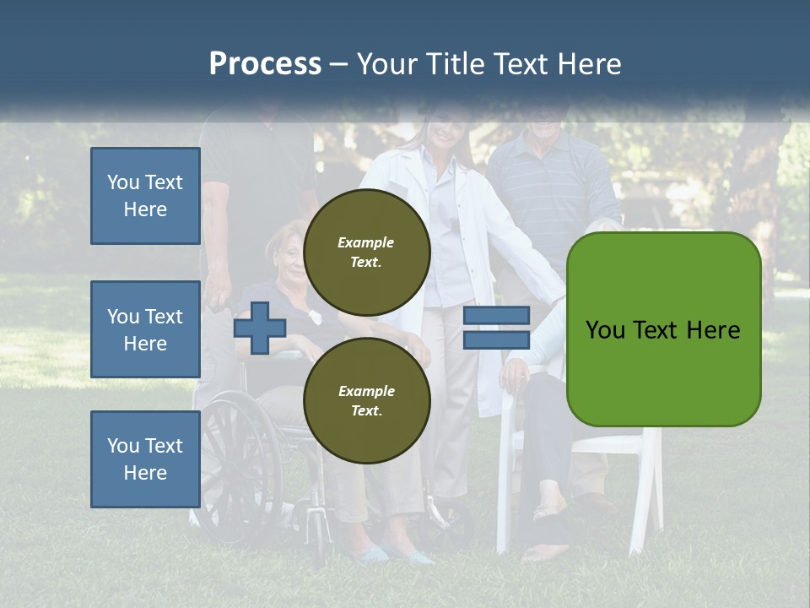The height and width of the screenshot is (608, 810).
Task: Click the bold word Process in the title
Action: (265, 63)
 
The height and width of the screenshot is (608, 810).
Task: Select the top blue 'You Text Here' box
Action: (145, 196)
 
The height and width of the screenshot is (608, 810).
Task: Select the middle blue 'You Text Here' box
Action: (145, 329)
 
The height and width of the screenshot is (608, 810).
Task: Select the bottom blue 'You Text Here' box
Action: (145, 459)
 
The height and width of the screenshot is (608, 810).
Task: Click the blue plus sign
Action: (259, 328)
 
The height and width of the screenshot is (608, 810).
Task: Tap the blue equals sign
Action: (496, 328)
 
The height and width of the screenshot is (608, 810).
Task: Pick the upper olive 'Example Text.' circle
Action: (366, 252)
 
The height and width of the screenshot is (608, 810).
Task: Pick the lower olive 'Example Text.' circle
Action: (366, 400)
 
